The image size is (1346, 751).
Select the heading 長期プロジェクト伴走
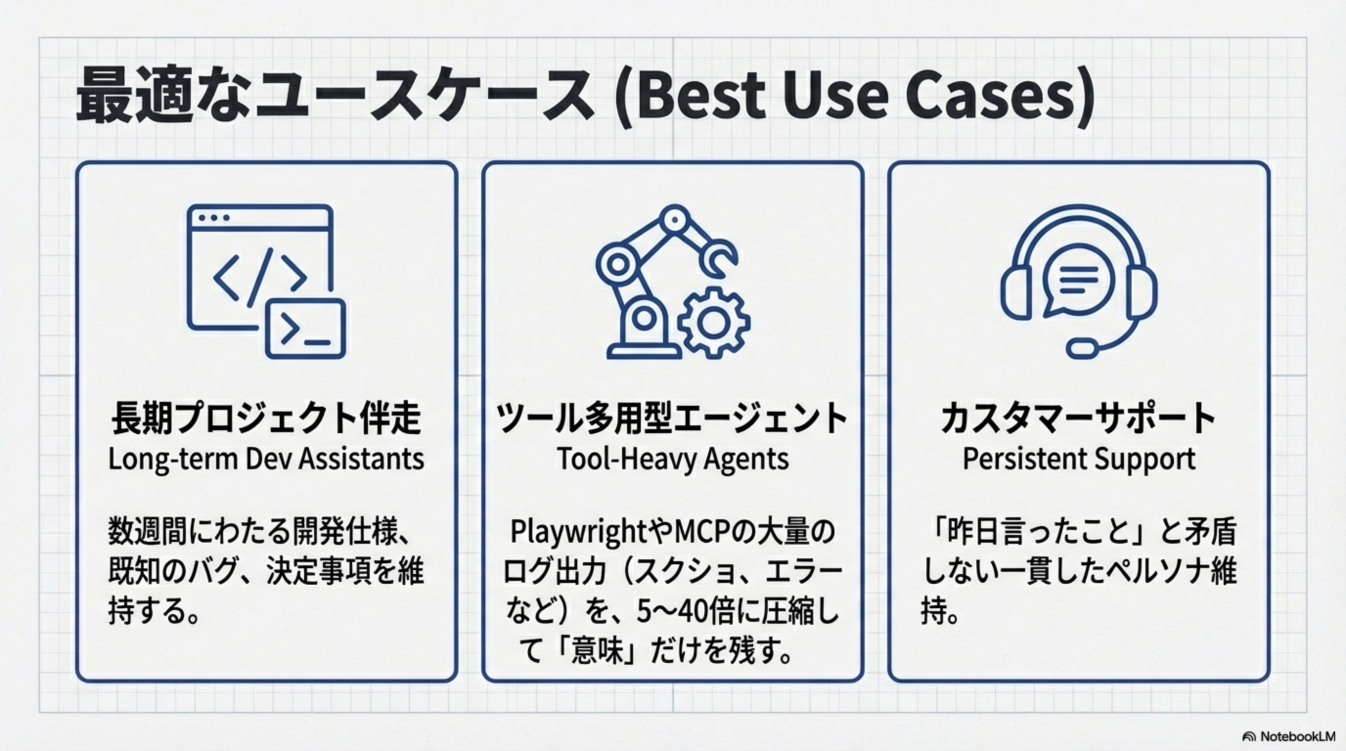pos(267,418)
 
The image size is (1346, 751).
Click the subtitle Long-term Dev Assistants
pos(267,460)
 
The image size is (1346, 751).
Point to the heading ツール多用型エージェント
pos(673,418)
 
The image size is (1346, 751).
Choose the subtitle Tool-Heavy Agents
pos(673,460)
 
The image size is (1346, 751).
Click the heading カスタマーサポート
pos(1078,418)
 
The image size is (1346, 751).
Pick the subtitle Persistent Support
pos(1078,460)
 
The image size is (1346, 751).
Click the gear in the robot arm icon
pos(714,322)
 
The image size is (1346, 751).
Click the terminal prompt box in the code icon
pos(306,329)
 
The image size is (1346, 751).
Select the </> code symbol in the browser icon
pos(260,277)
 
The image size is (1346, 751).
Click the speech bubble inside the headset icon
pos(1077,282)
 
